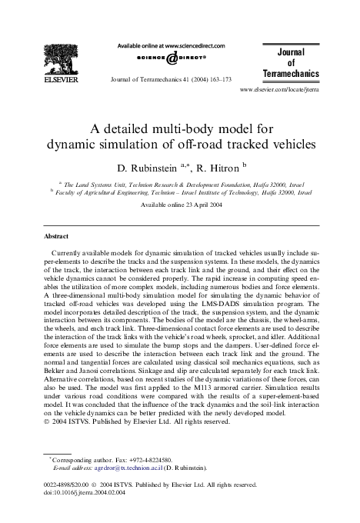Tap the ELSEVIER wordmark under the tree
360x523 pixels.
(x=59, y=79)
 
